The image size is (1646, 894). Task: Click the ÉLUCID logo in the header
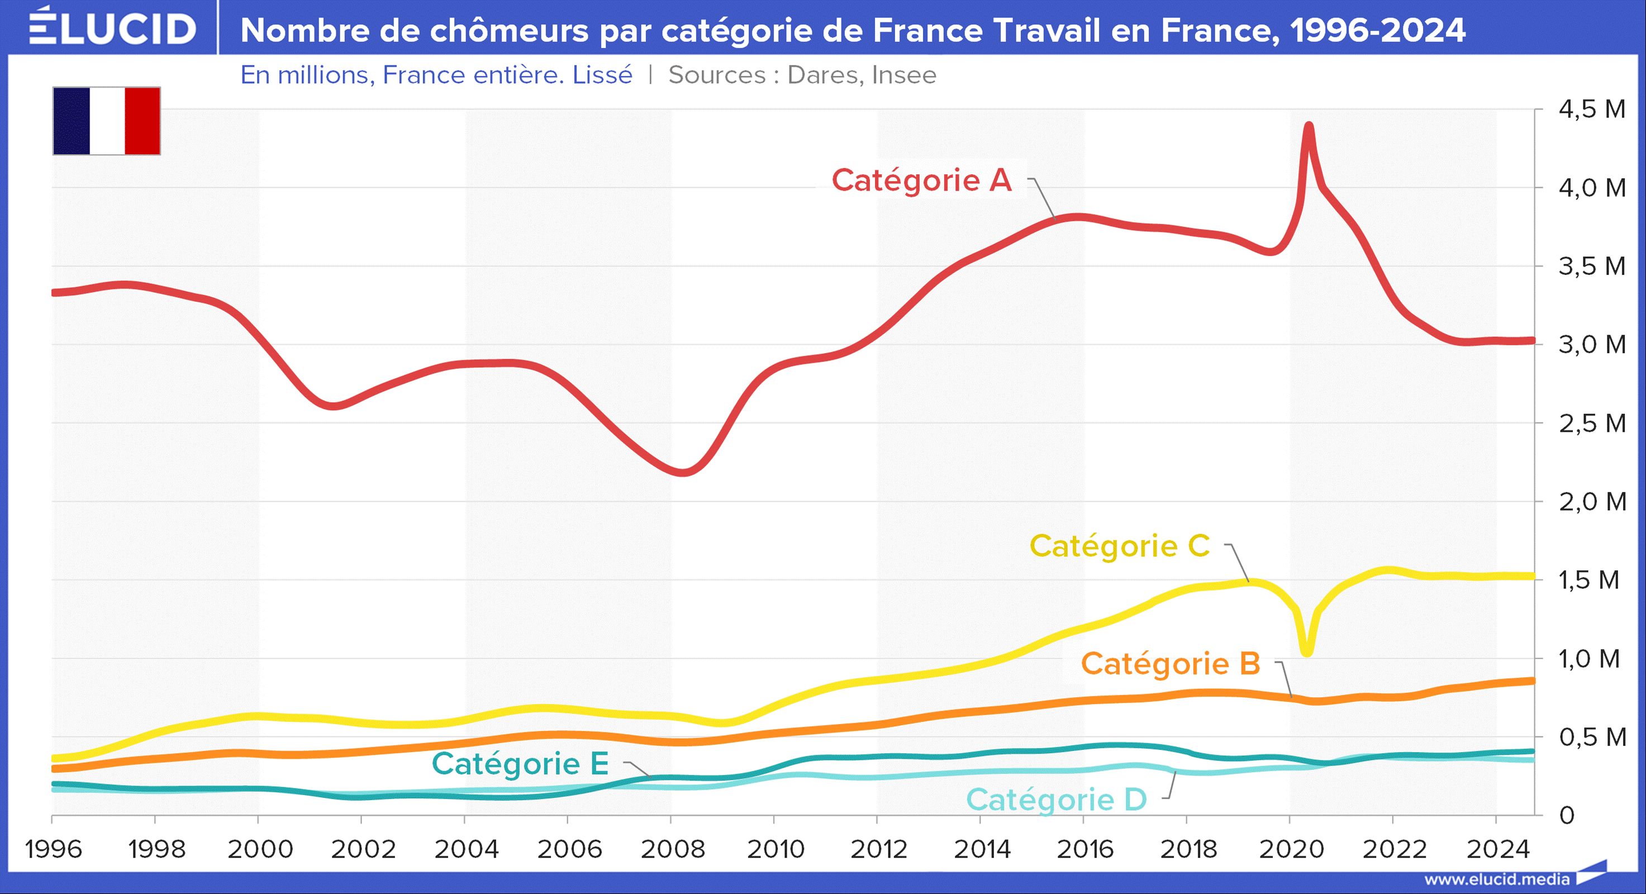coord(112,28)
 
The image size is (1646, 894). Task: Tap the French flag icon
coord(107,121)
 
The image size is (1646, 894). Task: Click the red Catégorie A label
coord(921,180)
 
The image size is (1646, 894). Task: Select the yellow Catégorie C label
coord(1120,546)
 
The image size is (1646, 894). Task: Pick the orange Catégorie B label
coord(1170,663)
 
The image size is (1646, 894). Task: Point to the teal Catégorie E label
coord(520,764)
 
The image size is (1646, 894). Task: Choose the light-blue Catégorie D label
coord(1056,800)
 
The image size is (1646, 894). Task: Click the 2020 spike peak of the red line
coord(1309,125)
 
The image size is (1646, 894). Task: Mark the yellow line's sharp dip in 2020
coord(1307,652)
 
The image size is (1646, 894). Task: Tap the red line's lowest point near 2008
coord(682,473)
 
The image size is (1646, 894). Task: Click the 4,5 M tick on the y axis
coord(1592,110)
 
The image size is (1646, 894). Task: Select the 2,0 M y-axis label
coord(1592,502)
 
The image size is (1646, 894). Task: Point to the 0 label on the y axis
coord(1566,815)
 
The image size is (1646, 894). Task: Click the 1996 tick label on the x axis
coord(53,849)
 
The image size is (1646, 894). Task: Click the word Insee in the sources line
coord(903,75)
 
